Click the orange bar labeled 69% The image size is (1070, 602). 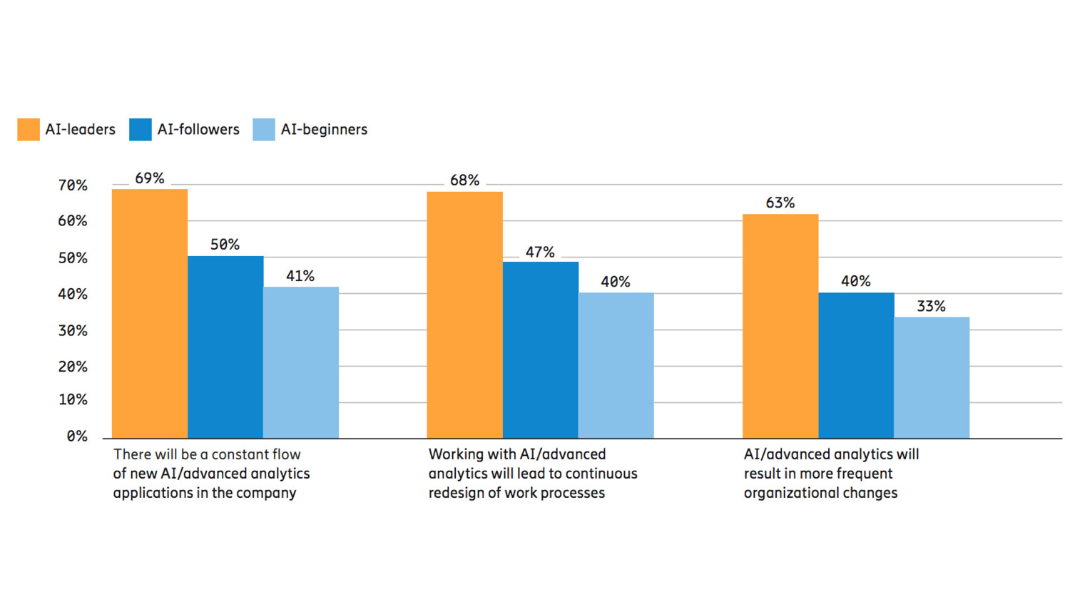click(150, 314)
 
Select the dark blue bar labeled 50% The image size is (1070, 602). click(225, 347)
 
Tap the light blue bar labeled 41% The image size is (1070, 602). click(301, 362)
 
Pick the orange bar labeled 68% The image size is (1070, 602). click(465, 315)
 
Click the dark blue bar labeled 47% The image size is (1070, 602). click(541, 350)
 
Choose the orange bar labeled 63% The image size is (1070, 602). click(780, 326)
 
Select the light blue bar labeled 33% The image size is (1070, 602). click(932, 377)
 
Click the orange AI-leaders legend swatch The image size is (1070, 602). click(29, 129)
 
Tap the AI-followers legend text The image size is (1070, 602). click(198, 129)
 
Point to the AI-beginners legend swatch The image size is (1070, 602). click(264, 129)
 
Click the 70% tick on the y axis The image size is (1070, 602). click(73, 185)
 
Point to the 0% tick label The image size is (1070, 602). click(77, 436)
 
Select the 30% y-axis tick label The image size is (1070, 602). click(73, 331)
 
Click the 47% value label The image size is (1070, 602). click(540, 252)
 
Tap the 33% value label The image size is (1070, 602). click(931, 307)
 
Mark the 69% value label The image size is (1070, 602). click(150, 178)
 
